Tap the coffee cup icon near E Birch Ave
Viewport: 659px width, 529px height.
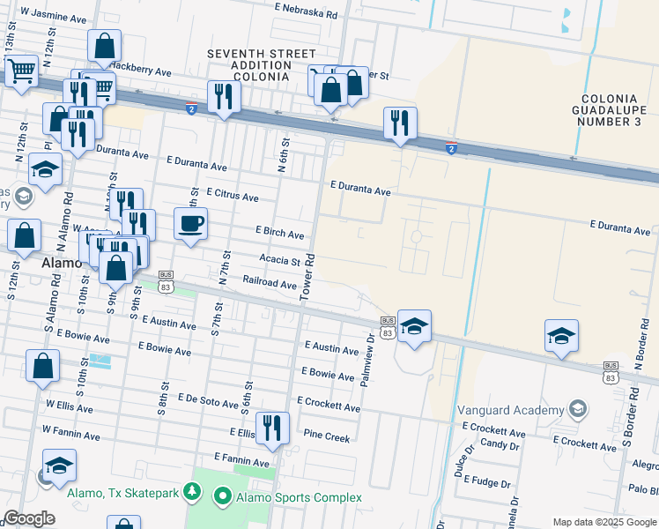[190, 224]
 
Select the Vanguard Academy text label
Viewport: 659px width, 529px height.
[510, 411]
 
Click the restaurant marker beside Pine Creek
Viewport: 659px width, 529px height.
[272, 429]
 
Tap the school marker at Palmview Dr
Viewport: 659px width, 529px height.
[414, 327]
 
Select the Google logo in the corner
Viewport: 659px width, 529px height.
[29, 518]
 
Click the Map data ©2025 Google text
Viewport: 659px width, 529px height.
[603, 522]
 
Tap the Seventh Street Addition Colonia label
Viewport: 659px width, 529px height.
[249, 65]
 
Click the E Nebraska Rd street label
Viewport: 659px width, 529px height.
[306, 15]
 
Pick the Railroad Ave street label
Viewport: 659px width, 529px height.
[270, 284]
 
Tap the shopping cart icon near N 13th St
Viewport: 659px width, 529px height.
[22, 71]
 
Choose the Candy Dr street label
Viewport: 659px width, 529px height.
[500, 444]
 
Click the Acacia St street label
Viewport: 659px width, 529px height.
[280, 259]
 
